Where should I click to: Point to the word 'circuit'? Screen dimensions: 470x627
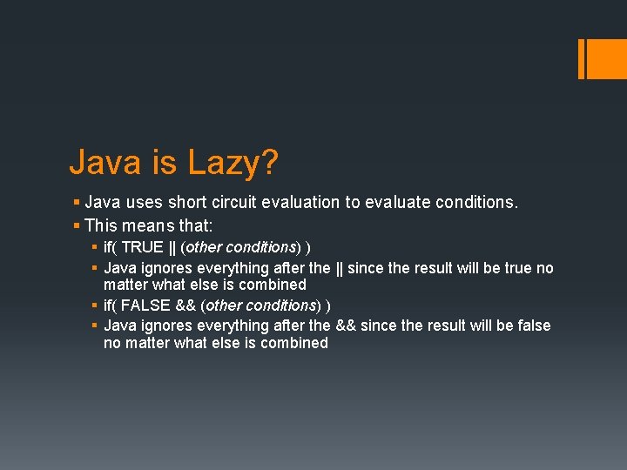coord(238,203)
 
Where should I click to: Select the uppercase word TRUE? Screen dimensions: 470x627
coord(142,247)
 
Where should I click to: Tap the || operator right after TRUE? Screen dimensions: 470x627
coord(172,247)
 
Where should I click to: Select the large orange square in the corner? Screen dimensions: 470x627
coord(606,58)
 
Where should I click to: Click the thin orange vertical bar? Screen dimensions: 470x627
coord(581,58)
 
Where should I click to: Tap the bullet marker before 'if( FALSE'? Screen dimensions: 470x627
coord(94,305)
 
